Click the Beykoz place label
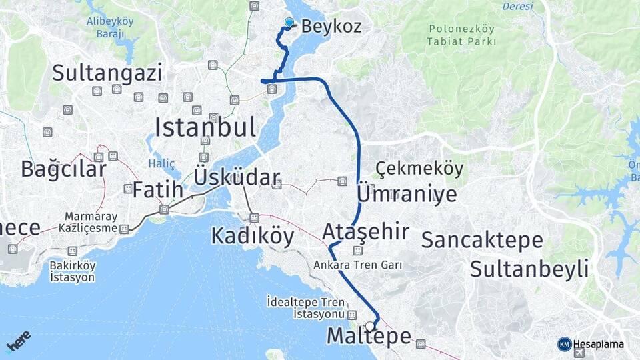(331, 27)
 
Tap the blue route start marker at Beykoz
(289, 23)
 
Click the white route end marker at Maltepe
(370, 326)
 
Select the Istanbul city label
(205, 127)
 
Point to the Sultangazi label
(107, 72)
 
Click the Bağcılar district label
(63, 169)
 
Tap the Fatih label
(157, 190)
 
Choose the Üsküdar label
(237, 177)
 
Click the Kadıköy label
(252, 235)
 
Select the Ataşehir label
(365, 232)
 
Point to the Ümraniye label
(407, 194)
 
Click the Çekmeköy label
(419, 169)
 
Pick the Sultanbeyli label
(529, 269)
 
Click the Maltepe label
(369, 337)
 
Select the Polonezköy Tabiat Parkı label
(463, 35)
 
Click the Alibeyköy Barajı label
(110, 27)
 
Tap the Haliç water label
(161, 163)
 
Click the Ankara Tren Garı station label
(358, 265)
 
